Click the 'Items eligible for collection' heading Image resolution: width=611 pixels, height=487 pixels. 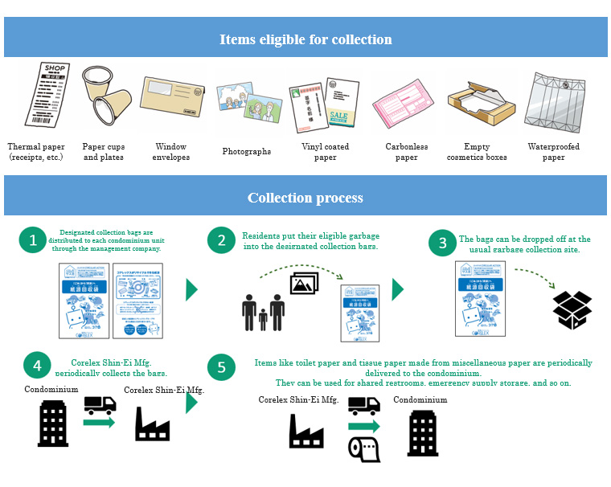click(305, 39)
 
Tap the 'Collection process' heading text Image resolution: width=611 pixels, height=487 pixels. click(305, 198)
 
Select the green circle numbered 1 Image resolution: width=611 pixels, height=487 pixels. click(33, 240)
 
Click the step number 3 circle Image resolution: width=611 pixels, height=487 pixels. click(442, 243)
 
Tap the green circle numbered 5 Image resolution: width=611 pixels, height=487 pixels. click(222, 367)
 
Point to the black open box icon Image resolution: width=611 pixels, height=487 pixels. click(572, 310)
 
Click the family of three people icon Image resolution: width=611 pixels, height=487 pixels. click(264, 312)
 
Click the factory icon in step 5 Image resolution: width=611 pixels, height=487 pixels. click(306, 430)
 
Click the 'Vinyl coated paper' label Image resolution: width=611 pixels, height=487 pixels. click(325, 152)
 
